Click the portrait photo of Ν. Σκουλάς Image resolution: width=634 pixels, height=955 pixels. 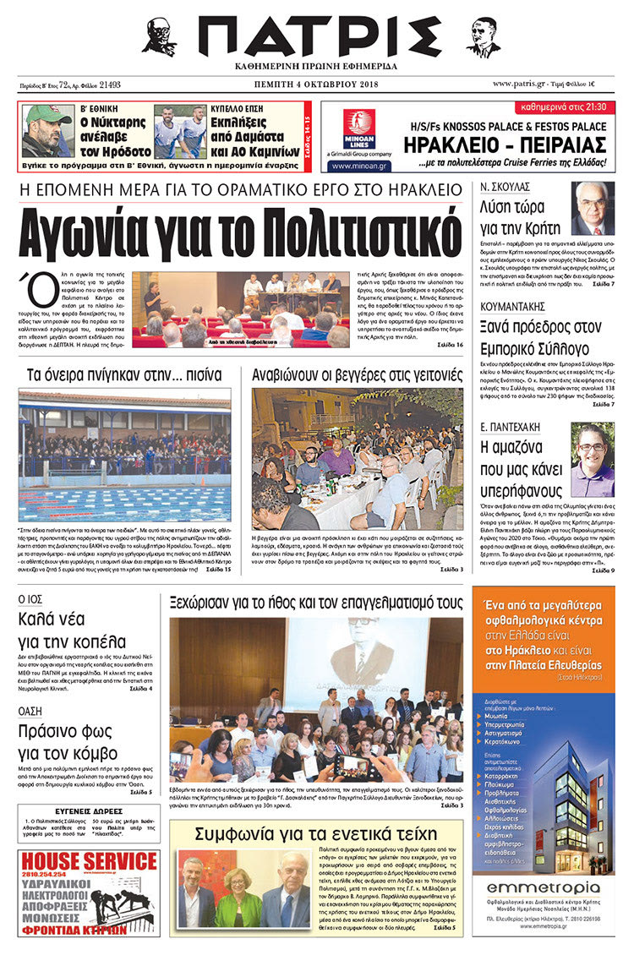coord(593,208)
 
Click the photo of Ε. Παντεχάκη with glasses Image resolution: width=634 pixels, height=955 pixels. coord(593,460)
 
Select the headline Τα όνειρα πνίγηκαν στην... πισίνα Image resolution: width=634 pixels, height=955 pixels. coord(123,373)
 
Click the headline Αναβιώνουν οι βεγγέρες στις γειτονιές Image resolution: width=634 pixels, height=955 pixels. coord(358,373)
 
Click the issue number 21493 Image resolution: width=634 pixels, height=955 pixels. coord(109,85)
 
